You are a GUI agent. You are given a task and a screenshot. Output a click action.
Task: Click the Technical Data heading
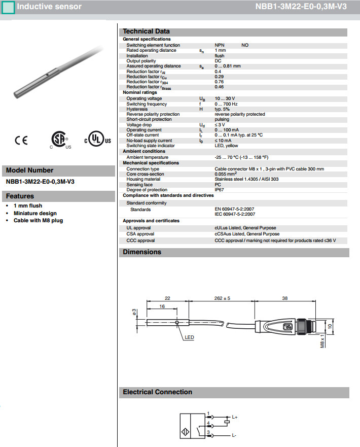point(147,31)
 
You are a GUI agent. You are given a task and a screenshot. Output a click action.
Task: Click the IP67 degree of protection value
point(221,190)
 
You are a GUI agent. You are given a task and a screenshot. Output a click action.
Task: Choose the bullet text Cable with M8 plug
point(39,220)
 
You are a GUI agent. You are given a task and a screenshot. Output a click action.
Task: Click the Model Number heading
point(29,170)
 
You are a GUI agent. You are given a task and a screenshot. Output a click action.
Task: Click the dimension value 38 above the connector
point(284,298)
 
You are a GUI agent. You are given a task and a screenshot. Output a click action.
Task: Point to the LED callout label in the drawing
point(189,337)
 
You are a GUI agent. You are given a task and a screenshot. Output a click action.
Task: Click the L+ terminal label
point(235,417)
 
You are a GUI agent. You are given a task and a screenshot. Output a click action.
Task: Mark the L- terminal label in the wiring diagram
point(234,435)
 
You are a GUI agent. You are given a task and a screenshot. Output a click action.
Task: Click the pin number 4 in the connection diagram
point(208,422)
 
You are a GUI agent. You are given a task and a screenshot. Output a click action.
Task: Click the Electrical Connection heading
point(158,392)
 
